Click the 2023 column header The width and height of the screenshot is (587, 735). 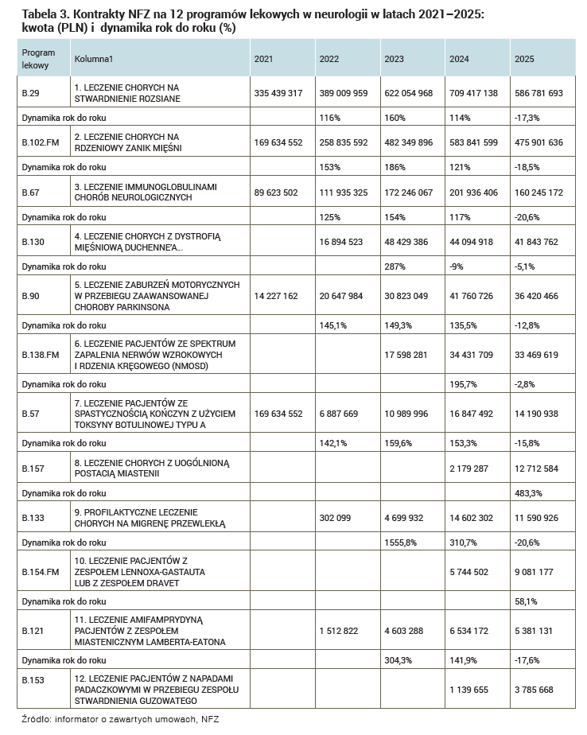click(x=393, y=59)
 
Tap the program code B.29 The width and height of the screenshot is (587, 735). click(x=29, y=93)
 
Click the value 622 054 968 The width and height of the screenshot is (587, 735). click(x=408, y=93)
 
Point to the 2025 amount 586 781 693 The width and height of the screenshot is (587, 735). click(x=538, y=93)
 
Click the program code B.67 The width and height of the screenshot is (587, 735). click(x=29, y=192)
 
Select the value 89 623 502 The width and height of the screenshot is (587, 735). click(x=276, y=192)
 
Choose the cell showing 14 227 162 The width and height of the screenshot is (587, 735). click(x=276, y=295)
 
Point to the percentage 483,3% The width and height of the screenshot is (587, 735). click(x=527, y=493)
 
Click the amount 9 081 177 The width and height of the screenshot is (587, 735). click(x=535, y=572)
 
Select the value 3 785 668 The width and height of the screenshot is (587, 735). click(x=535, y=689)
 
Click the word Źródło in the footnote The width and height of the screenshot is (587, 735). click(x=34, y=719)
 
